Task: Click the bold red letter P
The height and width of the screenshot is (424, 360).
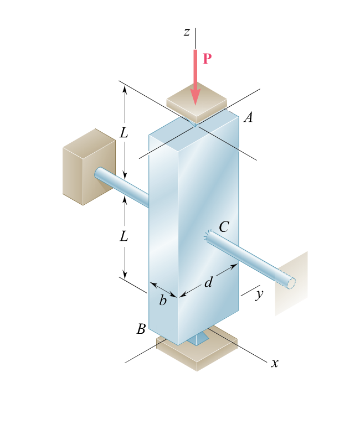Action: [207, 59]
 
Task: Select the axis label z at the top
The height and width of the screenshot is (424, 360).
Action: [187, 32]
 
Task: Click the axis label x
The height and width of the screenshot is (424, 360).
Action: [274, 363]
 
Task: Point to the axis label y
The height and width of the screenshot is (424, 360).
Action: [259, 294]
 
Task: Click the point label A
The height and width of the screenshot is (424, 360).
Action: [248, 117]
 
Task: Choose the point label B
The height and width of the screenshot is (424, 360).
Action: [141, 329]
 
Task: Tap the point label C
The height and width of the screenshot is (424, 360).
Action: [224, 226]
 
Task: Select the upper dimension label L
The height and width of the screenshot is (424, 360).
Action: [124, 133]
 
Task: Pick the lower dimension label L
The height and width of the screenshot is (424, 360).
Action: [124, 237]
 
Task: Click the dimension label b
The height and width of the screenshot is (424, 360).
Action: [163, 301]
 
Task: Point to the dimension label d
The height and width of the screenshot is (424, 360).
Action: [208, 283]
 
